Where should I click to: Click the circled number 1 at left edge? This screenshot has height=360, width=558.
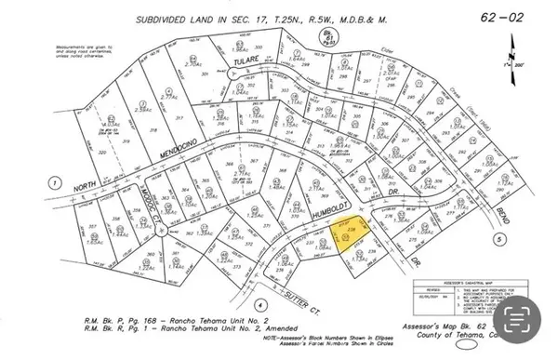55,182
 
